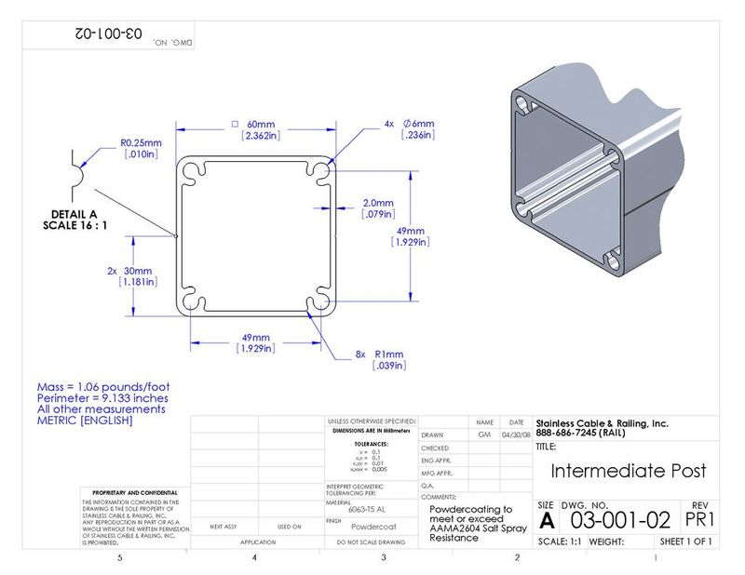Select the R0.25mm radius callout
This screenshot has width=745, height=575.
click(x=142, y=142)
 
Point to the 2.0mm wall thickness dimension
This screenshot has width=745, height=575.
click(x=379, y=202)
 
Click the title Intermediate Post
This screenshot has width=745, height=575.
click(x=629, y=471)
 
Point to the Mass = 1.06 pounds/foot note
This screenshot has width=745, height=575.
click(x=102, y=386)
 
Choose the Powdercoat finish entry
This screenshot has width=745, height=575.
click(x=371, y=527)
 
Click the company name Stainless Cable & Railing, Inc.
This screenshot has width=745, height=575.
click(x=602, y=423)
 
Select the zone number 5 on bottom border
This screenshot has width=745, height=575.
click(x=119, y=558)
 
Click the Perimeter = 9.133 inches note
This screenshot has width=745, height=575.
click(x=102, y=398)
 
